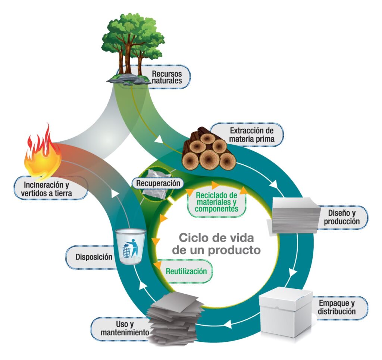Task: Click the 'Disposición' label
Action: pyautogui.click(x=94, y=257)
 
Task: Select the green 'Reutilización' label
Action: pyautogui.click(x=186, y=271)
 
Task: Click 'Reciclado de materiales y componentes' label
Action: pyautogui.click(x=216, y=203)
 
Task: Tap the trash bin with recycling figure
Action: pyautogui.click(x=130, y=246)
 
